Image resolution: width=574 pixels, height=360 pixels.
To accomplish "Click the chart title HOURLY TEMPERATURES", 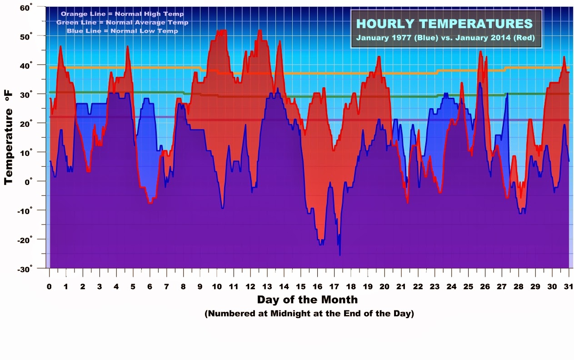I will [x=444, y=24].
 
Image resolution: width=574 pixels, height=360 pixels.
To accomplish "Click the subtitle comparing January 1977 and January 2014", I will [x=445, y=38].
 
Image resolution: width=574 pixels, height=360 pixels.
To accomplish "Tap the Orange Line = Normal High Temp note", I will [x=122, y=14].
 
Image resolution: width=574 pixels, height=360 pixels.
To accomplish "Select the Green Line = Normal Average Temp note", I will [x=122, y=22].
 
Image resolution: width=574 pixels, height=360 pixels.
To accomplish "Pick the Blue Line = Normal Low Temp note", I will [x=122, y=31].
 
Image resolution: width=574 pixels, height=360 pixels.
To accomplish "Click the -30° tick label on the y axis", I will [x=25, y=269].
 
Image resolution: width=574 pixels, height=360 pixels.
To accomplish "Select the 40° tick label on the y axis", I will [x=26, y=65].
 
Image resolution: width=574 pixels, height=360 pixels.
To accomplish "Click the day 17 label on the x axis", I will [x=334, y=287].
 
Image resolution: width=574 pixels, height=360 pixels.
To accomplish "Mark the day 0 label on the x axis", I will [x=49, y=287].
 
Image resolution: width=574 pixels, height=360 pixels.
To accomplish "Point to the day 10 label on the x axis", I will [x=217, y=287].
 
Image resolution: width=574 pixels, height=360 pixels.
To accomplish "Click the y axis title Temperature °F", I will [x=9, y=137].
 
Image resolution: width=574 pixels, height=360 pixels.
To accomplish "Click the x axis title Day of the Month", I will [x=307, y=300].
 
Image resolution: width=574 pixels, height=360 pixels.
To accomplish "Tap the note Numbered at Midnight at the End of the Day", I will [x=309, y=314].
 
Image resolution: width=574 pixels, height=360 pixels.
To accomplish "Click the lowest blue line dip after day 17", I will [x=339, y=255].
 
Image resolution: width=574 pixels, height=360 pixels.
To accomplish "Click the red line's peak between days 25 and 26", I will [x=480, y=51].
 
